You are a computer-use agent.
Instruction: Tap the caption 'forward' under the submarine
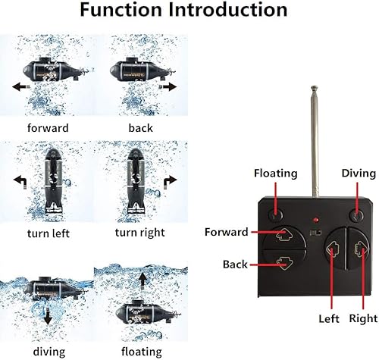pos(48,127)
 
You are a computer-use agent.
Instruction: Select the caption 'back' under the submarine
pos(140,127)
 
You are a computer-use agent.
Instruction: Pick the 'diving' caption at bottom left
pos(48,351)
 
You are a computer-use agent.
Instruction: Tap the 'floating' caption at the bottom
pos(141,351)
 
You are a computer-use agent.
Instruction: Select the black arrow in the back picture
pos(168,86)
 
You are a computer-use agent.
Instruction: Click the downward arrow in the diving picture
pos(48,318)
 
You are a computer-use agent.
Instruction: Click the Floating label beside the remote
pos(276,173)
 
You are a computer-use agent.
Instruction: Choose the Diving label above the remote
pos(358,173)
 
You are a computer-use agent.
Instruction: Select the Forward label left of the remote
pos(226,232)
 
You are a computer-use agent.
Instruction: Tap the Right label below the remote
pos(363,318)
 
